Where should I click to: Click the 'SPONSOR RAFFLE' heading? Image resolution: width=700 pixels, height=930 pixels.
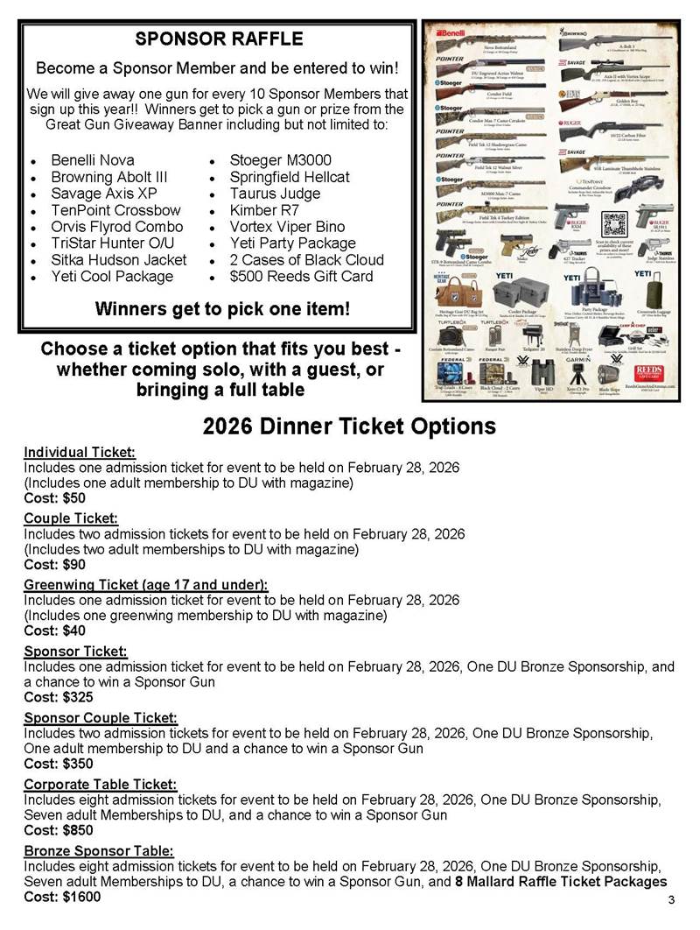coord(219,39)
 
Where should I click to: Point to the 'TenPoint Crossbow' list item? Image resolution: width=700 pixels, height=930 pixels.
coord(115,210)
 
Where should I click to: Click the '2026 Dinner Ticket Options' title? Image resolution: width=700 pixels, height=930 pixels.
coord(350,426)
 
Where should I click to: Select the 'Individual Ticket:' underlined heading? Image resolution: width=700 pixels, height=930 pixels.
coord(80,452)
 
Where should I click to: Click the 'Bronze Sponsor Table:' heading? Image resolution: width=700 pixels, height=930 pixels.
coord(99,850)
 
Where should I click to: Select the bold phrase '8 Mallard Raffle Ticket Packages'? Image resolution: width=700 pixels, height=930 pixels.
coord(561,881)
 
